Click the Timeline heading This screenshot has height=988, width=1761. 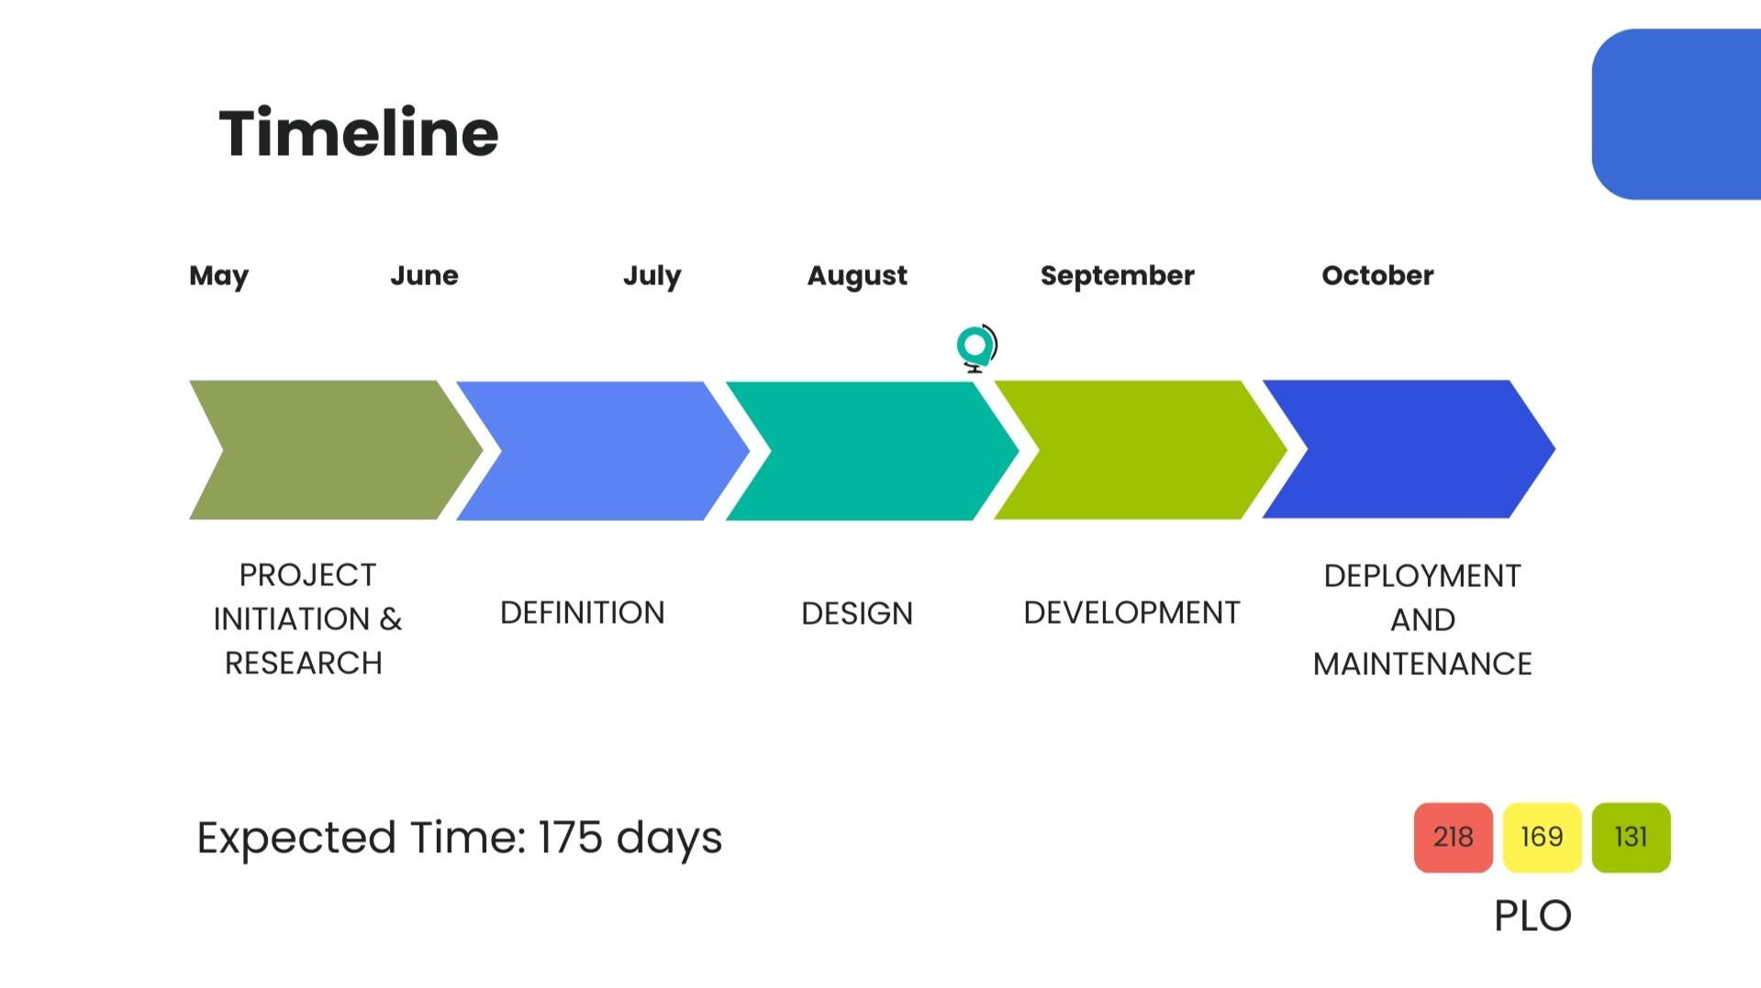point(359,133)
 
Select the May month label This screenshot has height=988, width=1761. point(218,276)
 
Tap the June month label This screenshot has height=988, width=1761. point(424,275)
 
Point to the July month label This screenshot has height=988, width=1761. point(652,276)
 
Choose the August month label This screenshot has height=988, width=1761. point(857,276)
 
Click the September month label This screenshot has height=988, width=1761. point(1118,276)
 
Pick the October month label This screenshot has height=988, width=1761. point(1377,275)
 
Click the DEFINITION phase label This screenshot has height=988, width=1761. point(583,613)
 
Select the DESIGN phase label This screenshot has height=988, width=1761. point(857,614)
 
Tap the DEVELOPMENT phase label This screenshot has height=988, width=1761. point(1131,613)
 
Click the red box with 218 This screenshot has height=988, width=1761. point(1454,838)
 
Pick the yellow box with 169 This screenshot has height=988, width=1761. point(1543,838)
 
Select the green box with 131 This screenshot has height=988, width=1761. point(1632,838)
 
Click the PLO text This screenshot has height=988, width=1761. point(1533,916)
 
